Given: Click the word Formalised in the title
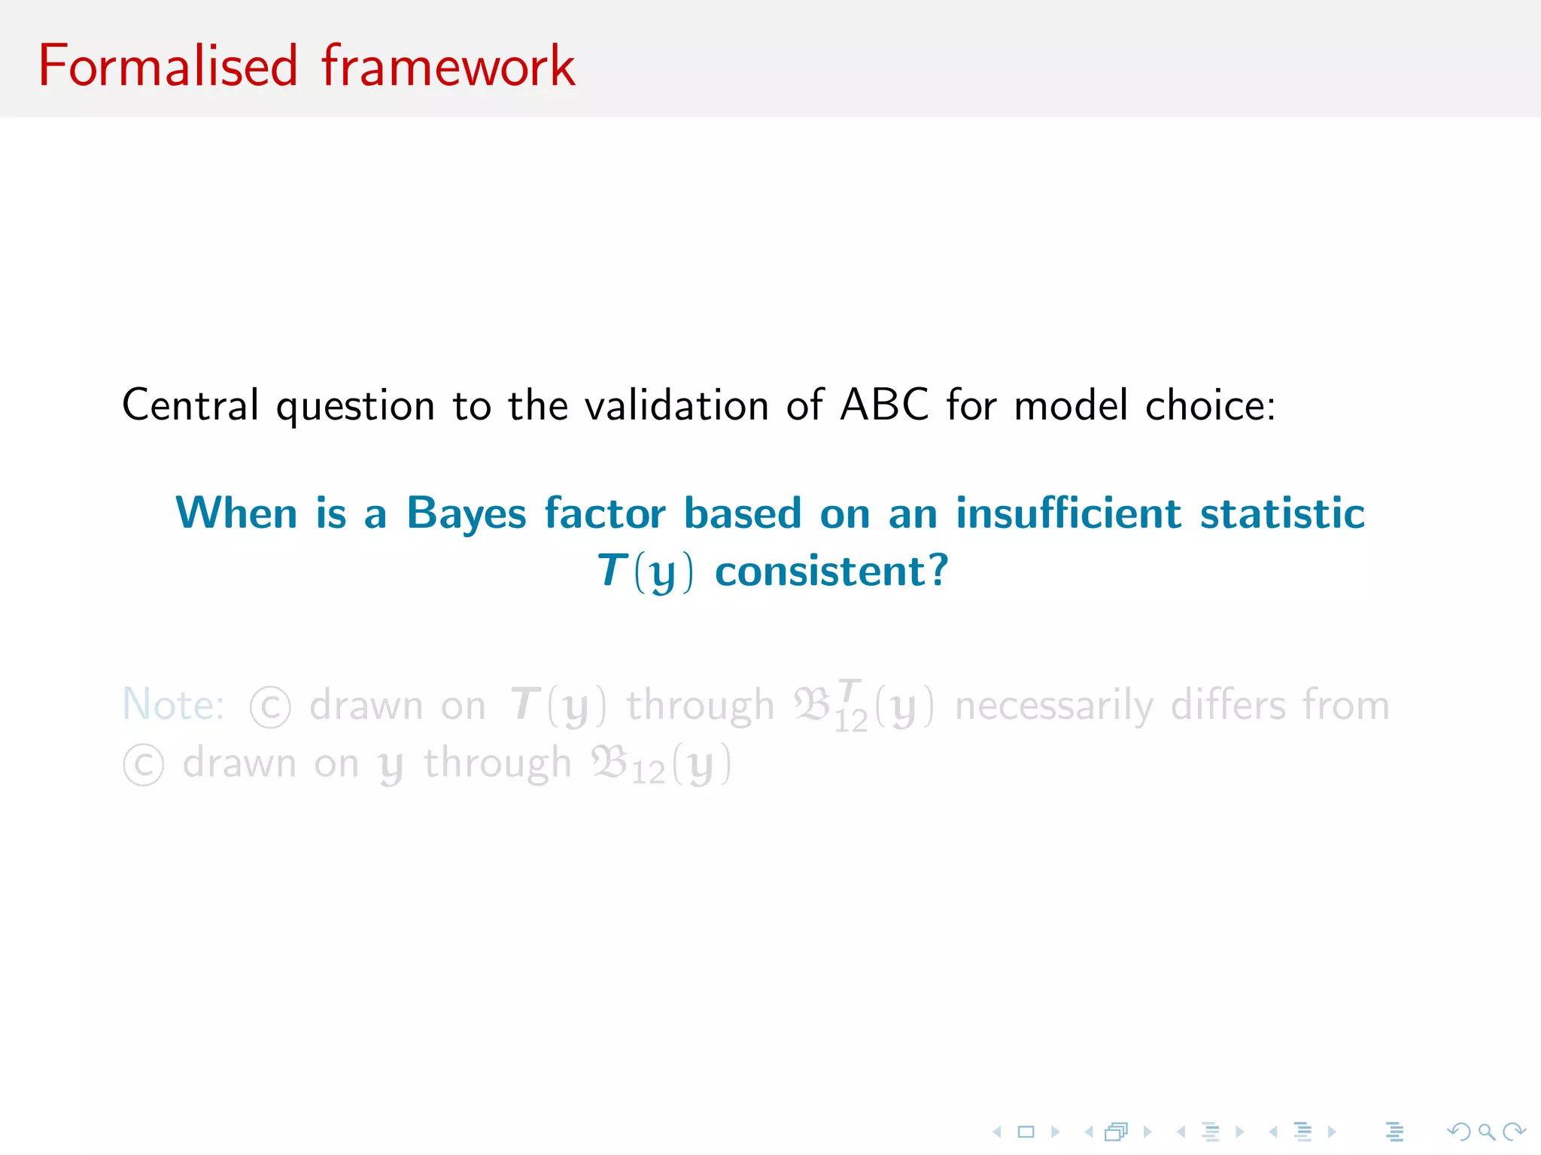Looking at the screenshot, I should [168, 66].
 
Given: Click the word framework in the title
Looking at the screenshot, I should [448, 66].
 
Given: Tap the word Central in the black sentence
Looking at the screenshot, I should [190, 405].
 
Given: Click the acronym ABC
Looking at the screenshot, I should [884, 405].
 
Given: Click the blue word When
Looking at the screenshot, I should [236, 514].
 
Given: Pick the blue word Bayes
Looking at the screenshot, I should [466, 515].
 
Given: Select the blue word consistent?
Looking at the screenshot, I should [831, 571].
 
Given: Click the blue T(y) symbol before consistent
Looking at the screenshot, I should [645, 571].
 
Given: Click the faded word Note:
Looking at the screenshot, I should [173, 705].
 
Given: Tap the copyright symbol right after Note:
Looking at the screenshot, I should [270, 708].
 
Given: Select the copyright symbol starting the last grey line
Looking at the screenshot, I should [143, 765].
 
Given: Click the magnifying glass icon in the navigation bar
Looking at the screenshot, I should [1486, 1131].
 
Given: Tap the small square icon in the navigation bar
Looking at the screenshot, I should [1026, 1131].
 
